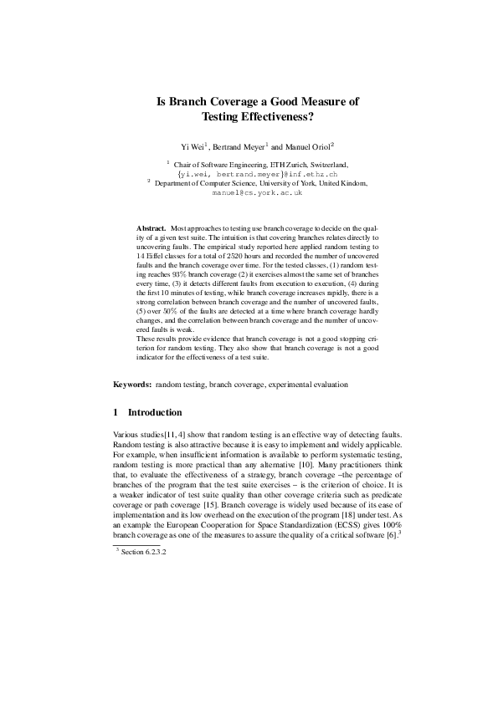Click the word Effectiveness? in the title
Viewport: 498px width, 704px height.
click(x=275, y=118)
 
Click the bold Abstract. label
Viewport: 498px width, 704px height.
click(x=151, y=227)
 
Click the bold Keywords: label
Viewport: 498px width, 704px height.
click(x=132, y=385)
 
